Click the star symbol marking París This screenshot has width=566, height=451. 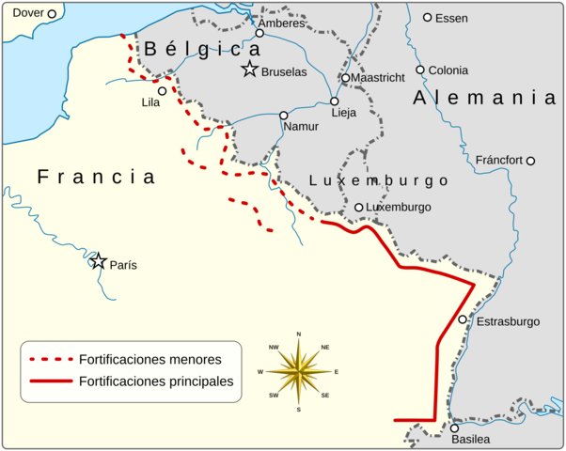point(98,260)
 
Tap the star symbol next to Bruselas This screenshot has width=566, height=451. point(249,69)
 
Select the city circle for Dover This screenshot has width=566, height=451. point(52,13)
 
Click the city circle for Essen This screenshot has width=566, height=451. point(427,17)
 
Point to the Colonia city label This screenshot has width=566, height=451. point(448,70)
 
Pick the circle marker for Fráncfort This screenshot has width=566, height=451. point(530,161)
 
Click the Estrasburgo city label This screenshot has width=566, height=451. point(509,321)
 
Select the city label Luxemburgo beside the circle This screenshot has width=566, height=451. point(399,207)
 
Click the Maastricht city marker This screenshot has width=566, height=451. point(345,78)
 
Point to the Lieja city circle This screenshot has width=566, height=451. point(334,101)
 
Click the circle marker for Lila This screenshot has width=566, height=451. point(162,91)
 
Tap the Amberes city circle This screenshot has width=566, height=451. point(259,33)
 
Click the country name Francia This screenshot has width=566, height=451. point(96,177)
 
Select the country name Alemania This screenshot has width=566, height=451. point(484,98)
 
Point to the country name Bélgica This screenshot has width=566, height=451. point(202,49)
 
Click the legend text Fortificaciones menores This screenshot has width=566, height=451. point(150,359)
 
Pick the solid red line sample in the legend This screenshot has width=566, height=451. point(52,381)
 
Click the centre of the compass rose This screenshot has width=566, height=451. point(298,372)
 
